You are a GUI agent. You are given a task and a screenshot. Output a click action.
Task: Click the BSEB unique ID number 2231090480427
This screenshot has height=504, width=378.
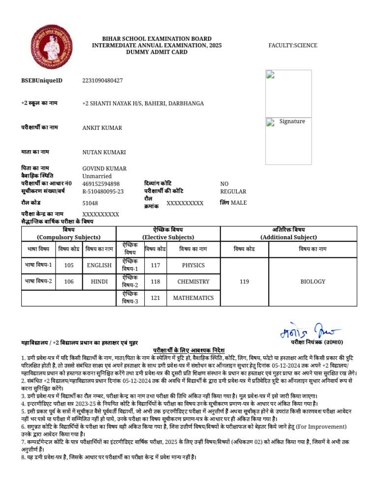(102, 80)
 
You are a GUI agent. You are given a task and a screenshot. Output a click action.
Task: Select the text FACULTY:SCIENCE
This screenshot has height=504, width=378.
(292, 46)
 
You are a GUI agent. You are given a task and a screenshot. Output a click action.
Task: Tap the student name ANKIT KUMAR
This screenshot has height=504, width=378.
(102, 128)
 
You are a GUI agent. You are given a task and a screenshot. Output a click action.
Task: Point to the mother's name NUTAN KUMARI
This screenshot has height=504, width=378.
(104, 153)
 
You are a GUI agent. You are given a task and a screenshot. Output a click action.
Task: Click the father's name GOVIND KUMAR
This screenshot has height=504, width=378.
(104, 168)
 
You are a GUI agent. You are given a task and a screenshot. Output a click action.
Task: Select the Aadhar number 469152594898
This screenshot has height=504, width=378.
(101, 184)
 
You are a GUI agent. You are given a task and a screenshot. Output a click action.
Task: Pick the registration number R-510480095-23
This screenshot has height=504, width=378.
(103, 191)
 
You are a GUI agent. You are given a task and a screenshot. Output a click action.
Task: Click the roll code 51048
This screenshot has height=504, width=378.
(90, 203)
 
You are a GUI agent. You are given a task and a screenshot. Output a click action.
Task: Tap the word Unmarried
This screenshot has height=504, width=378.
(97, 176)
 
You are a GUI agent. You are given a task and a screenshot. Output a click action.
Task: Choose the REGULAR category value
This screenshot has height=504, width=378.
(233, 191)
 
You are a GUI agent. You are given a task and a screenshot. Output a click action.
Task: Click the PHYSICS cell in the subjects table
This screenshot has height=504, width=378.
(193, 265)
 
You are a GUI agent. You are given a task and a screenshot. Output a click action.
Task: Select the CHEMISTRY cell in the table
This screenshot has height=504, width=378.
(193, 282)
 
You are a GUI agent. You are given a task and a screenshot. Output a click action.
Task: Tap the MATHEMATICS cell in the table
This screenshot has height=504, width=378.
(193, 298)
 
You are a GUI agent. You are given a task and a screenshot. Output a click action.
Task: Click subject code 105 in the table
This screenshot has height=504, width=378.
(69, 265)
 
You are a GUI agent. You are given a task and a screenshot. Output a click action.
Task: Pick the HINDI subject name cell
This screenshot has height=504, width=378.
(99, 282)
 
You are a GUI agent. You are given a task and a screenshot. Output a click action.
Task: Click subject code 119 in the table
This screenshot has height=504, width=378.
(244, 282)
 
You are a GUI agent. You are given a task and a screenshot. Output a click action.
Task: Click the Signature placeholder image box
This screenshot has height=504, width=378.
(288, 141)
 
